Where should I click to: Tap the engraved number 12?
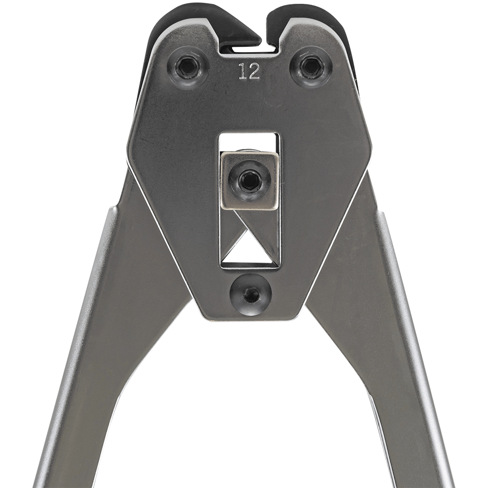click(x=249, y=71)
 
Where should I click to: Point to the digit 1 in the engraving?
click(x=243, y=71)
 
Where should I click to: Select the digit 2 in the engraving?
click(x=254, y=71)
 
